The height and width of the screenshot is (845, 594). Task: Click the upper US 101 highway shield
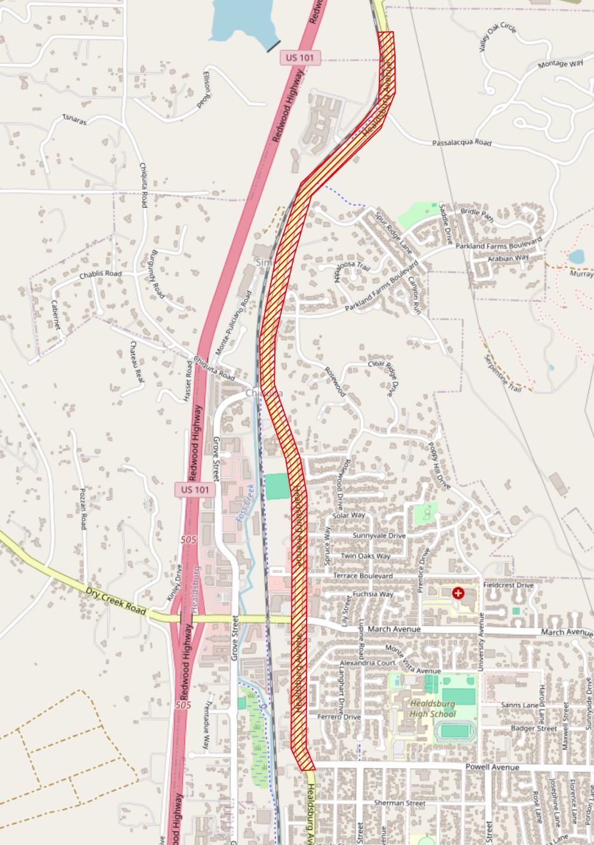[301, 58]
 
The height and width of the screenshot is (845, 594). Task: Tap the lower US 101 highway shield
[195, 490]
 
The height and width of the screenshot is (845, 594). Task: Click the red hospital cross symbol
[458, 593]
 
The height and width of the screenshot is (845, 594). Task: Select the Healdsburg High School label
[433, 709]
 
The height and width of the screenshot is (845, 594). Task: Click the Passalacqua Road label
[461, 143]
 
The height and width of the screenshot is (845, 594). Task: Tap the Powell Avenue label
[492, 767]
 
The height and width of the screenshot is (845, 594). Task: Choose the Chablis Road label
[100, 274]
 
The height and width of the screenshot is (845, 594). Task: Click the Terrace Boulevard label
[363, 576]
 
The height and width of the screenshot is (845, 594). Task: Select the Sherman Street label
[399, 803]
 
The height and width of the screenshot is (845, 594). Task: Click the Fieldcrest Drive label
[508, 585]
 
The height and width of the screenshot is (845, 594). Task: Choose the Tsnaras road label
[75, 119]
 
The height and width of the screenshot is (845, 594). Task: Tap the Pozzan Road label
[84, 508]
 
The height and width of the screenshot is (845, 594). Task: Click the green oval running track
[455, 731]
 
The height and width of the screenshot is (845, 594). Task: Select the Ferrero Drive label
[339, 717]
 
